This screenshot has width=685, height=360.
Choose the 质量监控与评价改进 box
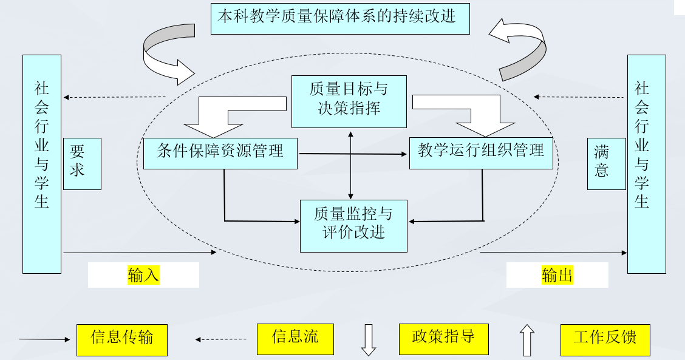point(353,225)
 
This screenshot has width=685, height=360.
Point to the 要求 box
point(82,163)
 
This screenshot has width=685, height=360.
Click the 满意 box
point(606,163)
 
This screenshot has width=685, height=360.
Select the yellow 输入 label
point(143,275)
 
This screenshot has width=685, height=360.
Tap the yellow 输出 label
point(557,275)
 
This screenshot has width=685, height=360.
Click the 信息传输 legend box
point(121,339)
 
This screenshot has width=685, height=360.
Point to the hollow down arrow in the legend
point(369,340)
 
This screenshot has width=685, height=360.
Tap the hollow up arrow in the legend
point(527,341)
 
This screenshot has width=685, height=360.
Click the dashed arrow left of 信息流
point(221,339)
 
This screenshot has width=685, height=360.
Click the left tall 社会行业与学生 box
point(42,164)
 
